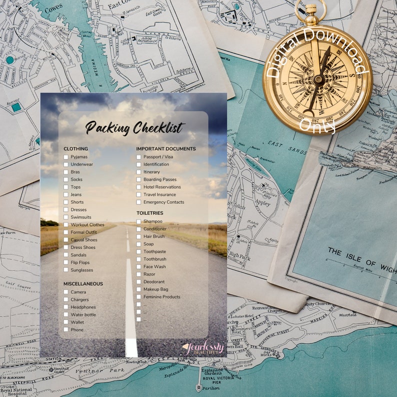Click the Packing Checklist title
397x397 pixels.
(134, 128)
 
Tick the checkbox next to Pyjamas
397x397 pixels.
(66, 157)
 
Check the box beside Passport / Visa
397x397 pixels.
(138, 157)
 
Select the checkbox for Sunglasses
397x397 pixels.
(66, 270)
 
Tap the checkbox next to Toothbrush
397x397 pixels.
(138, 259)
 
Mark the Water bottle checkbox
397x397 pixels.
(66, 315)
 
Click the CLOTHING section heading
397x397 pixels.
(75, 149)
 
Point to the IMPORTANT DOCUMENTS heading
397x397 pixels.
(166, 149)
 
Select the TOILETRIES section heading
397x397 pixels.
(149, 213)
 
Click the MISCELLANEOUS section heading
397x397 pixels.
(83, 284)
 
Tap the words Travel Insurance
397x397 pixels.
(159, 194)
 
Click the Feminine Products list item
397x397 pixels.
(161, 297)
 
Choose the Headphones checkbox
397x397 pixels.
(66, 307)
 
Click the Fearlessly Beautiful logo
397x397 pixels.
(202, 348)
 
